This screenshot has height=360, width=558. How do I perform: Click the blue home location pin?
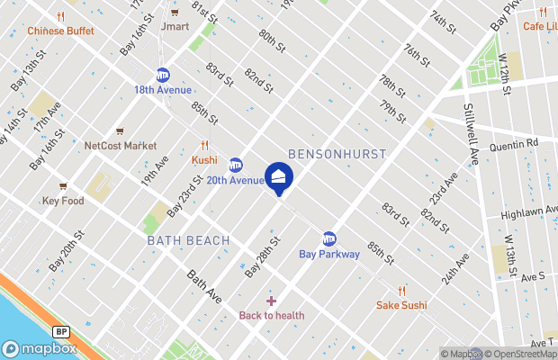tap(279, 176)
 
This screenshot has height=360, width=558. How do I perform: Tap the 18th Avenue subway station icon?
tap(163, 75)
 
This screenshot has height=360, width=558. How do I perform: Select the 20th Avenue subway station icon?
tap(236, 165)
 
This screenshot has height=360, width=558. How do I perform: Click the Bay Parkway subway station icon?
tap(329, 238)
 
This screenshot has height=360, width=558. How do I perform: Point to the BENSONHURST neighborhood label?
tap(337, 154)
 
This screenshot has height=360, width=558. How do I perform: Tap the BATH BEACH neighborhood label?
tap(188, 240)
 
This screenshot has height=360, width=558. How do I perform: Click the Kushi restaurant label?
tap(205, 160)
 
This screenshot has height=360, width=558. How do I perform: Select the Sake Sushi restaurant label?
tap(401, 305)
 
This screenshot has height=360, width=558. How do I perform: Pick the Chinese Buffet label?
tap(60, 30)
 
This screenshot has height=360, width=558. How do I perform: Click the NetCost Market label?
tap(120, 146)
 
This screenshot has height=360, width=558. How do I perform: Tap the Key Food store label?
tap(63, 201)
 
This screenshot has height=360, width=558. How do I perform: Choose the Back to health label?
tap(271, 315)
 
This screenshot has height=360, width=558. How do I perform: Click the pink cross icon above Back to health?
tap(271, 301)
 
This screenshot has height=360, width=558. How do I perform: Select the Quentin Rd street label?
tap(513, 143)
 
